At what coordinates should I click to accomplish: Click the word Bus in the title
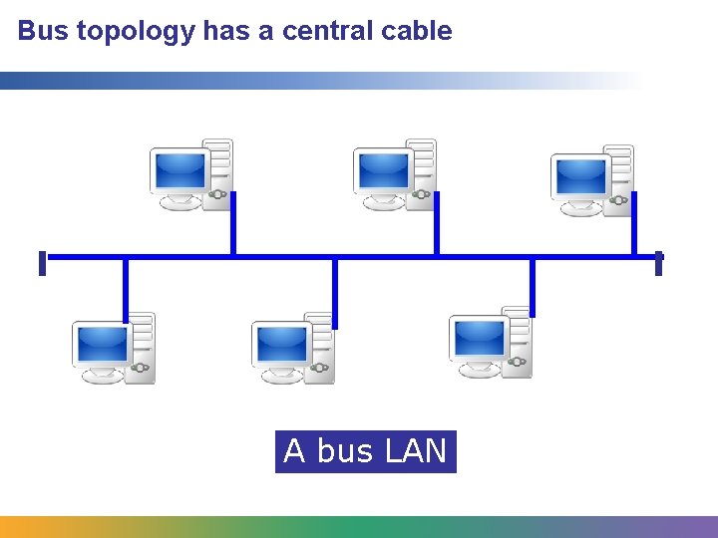click(43, 31)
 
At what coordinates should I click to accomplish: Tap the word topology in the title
click(136, 32)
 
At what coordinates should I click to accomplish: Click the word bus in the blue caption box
click(344, 451)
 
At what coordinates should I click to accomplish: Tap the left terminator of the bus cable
click(42, 263)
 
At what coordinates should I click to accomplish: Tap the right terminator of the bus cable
click(659, 263)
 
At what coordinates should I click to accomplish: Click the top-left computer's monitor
click(179, 171)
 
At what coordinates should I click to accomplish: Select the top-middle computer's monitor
click(384, 171)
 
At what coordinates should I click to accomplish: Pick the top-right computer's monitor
click(581, 176)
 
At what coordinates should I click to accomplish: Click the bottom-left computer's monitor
click(102, 345)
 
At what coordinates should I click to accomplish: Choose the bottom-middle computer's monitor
click(281, 345)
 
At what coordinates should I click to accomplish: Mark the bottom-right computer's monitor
click(479, 339)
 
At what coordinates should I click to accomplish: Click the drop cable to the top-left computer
click(233, 224)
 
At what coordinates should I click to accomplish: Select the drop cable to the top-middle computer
click(437, 224)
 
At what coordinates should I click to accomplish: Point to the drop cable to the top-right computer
click(634, 224)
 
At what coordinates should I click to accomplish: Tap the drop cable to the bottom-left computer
click(126, 289)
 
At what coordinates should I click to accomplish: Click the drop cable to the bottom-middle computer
click(335, 292)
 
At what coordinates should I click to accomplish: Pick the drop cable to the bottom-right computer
click(533, 286)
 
